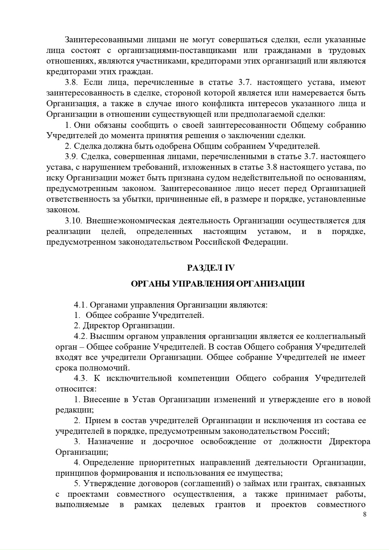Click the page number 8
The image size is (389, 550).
(365, 514)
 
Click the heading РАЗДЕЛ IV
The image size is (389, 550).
(211, 268)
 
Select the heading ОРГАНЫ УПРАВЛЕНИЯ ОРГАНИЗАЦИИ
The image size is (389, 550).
(218, 284)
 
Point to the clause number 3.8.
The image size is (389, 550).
(71, 83)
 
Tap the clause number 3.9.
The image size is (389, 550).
(71, 156)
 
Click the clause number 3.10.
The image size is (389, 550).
(73, 221)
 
